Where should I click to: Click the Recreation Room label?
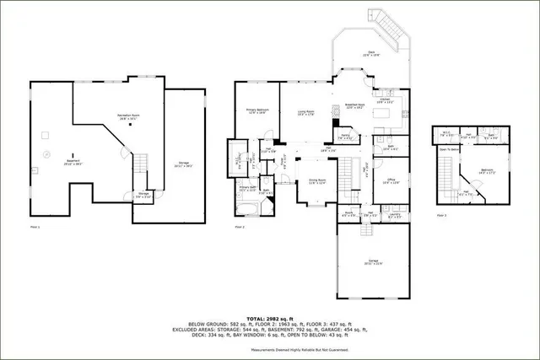tap(128, 117)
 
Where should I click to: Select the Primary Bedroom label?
tap(256, 110)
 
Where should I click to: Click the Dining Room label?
tap(317, 181)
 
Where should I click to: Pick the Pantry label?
tap(344, 135)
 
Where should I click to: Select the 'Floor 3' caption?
tap(442, 216)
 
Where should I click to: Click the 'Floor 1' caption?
tap(35, 228)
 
